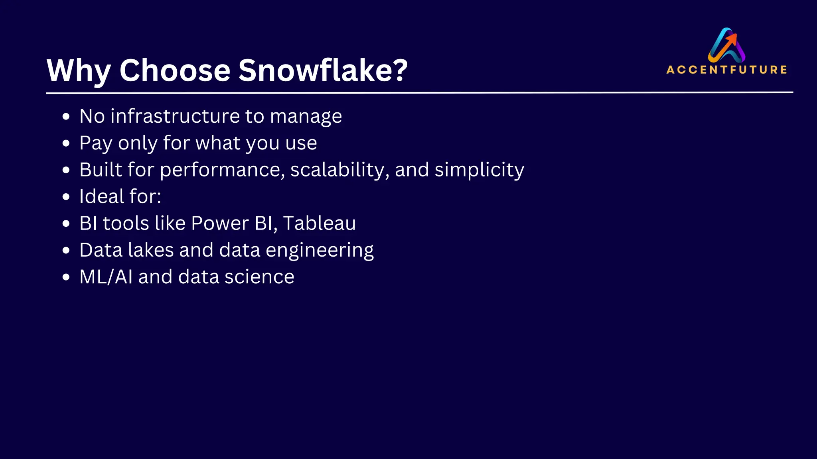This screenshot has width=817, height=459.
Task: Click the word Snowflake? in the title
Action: (x=323, y=71)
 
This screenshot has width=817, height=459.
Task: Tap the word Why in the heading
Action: (x=79, y=71)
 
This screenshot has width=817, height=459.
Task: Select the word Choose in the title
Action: (x=175, y=71)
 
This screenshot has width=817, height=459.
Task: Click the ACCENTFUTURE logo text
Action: (x=726, y=70)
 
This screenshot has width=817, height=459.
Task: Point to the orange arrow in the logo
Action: (x=731, y=40)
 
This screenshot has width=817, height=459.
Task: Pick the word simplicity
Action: (x=479, y=170)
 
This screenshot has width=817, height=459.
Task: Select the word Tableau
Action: (x=319, y=223)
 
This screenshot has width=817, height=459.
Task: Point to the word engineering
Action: (x=320, y=250)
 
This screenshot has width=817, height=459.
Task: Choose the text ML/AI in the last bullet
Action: (x=106, y=277)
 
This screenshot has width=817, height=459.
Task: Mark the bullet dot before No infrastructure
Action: (x=66, y=117)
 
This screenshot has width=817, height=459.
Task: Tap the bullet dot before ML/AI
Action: (x=66, y=277)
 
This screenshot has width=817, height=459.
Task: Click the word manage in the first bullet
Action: (x=306, y=116)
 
